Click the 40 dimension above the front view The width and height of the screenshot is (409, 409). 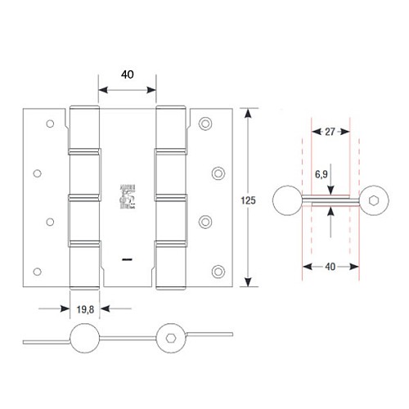(x=128, y=73)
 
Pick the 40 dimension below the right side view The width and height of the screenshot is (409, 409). (x=331, y=265)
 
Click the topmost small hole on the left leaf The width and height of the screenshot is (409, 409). (x=48, y=124)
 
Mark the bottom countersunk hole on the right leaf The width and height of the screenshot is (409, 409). (x=217, y=270)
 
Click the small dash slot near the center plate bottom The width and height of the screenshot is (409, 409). (x=128, y=259)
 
